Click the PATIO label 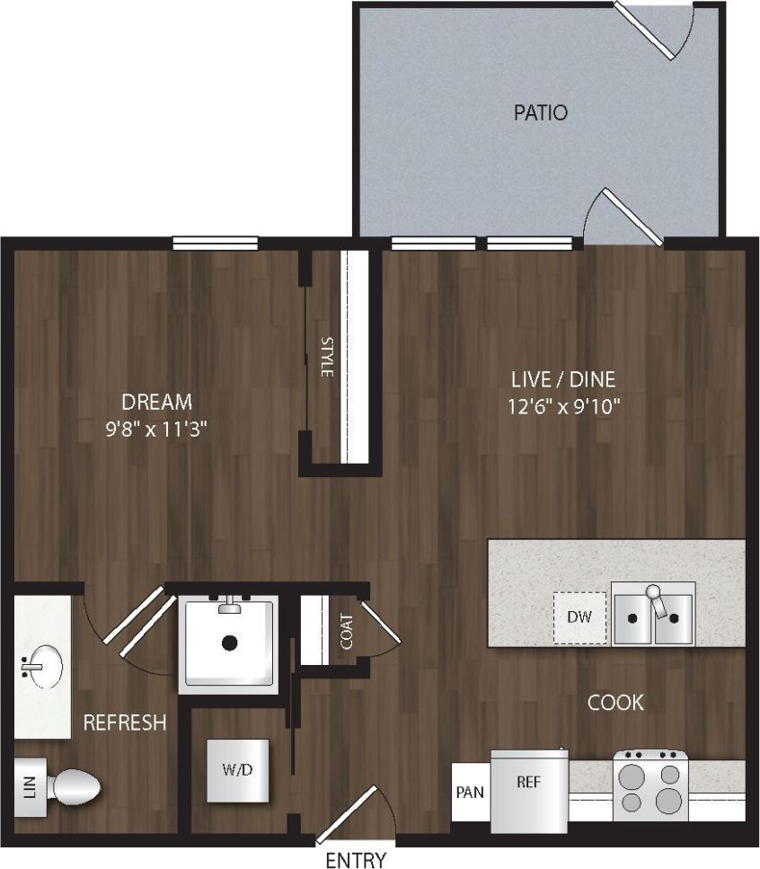coord(540,113)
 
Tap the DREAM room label coord(157,402)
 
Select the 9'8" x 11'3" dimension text coord(157,430)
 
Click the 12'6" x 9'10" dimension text coord(564,406)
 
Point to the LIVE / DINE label coord(564,378)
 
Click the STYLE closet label coord(327,357)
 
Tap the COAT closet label coord(346,625)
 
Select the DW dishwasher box coord(579,617)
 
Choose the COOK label coord(615,702)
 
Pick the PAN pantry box coord(470,793)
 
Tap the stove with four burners coord(650,787)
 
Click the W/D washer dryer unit coord(237,770)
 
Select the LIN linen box coord(29,788)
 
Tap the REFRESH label coord(125,723)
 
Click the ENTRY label coord(356,860)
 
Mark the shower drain coord(230,643)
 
